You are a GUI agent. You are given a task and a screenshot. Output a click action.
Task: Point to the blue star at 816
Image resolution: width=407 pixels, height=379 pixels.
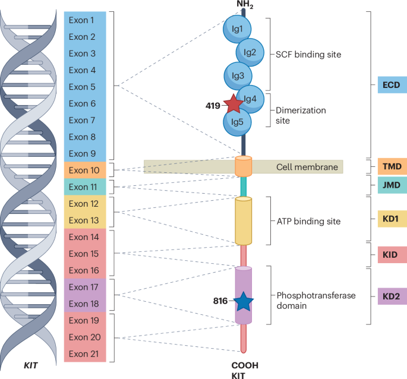point(243,302)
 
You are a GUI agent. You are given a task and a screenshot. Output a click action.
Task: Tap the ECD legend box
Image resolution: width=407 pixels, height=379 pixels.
point(392,86)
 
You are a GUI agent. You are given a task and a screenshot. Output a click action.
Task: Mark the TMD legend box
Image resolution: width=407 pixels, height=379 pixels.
point(392,166)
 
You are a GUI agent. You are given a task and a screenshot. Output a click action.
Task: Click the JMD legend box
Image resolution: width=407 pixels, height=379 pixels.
point(392,186)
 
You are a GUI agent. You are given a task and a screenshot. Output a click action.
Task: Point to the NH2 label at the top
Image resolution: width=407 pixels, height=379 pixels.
point(245,5)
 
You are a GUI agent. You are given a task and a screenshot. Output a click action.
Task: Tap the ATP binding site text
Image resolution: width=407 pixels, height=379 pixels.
point(309,222)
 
